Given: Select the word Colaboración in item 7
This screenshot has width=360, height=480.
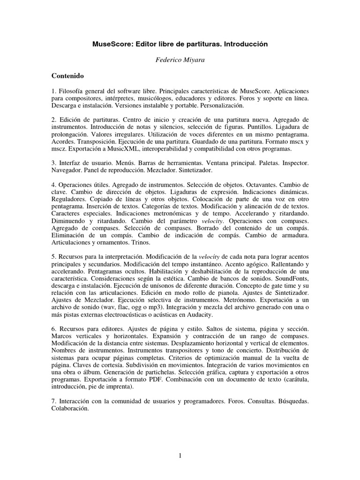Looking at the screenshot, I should (71, 409).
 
